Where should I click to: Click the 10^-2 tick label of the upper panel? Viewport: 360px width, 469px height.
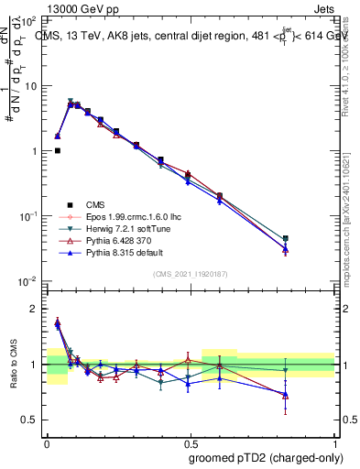pos(29,280)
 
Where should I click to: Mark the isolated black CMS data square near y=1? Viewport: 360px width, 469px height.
pos(58,151)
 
